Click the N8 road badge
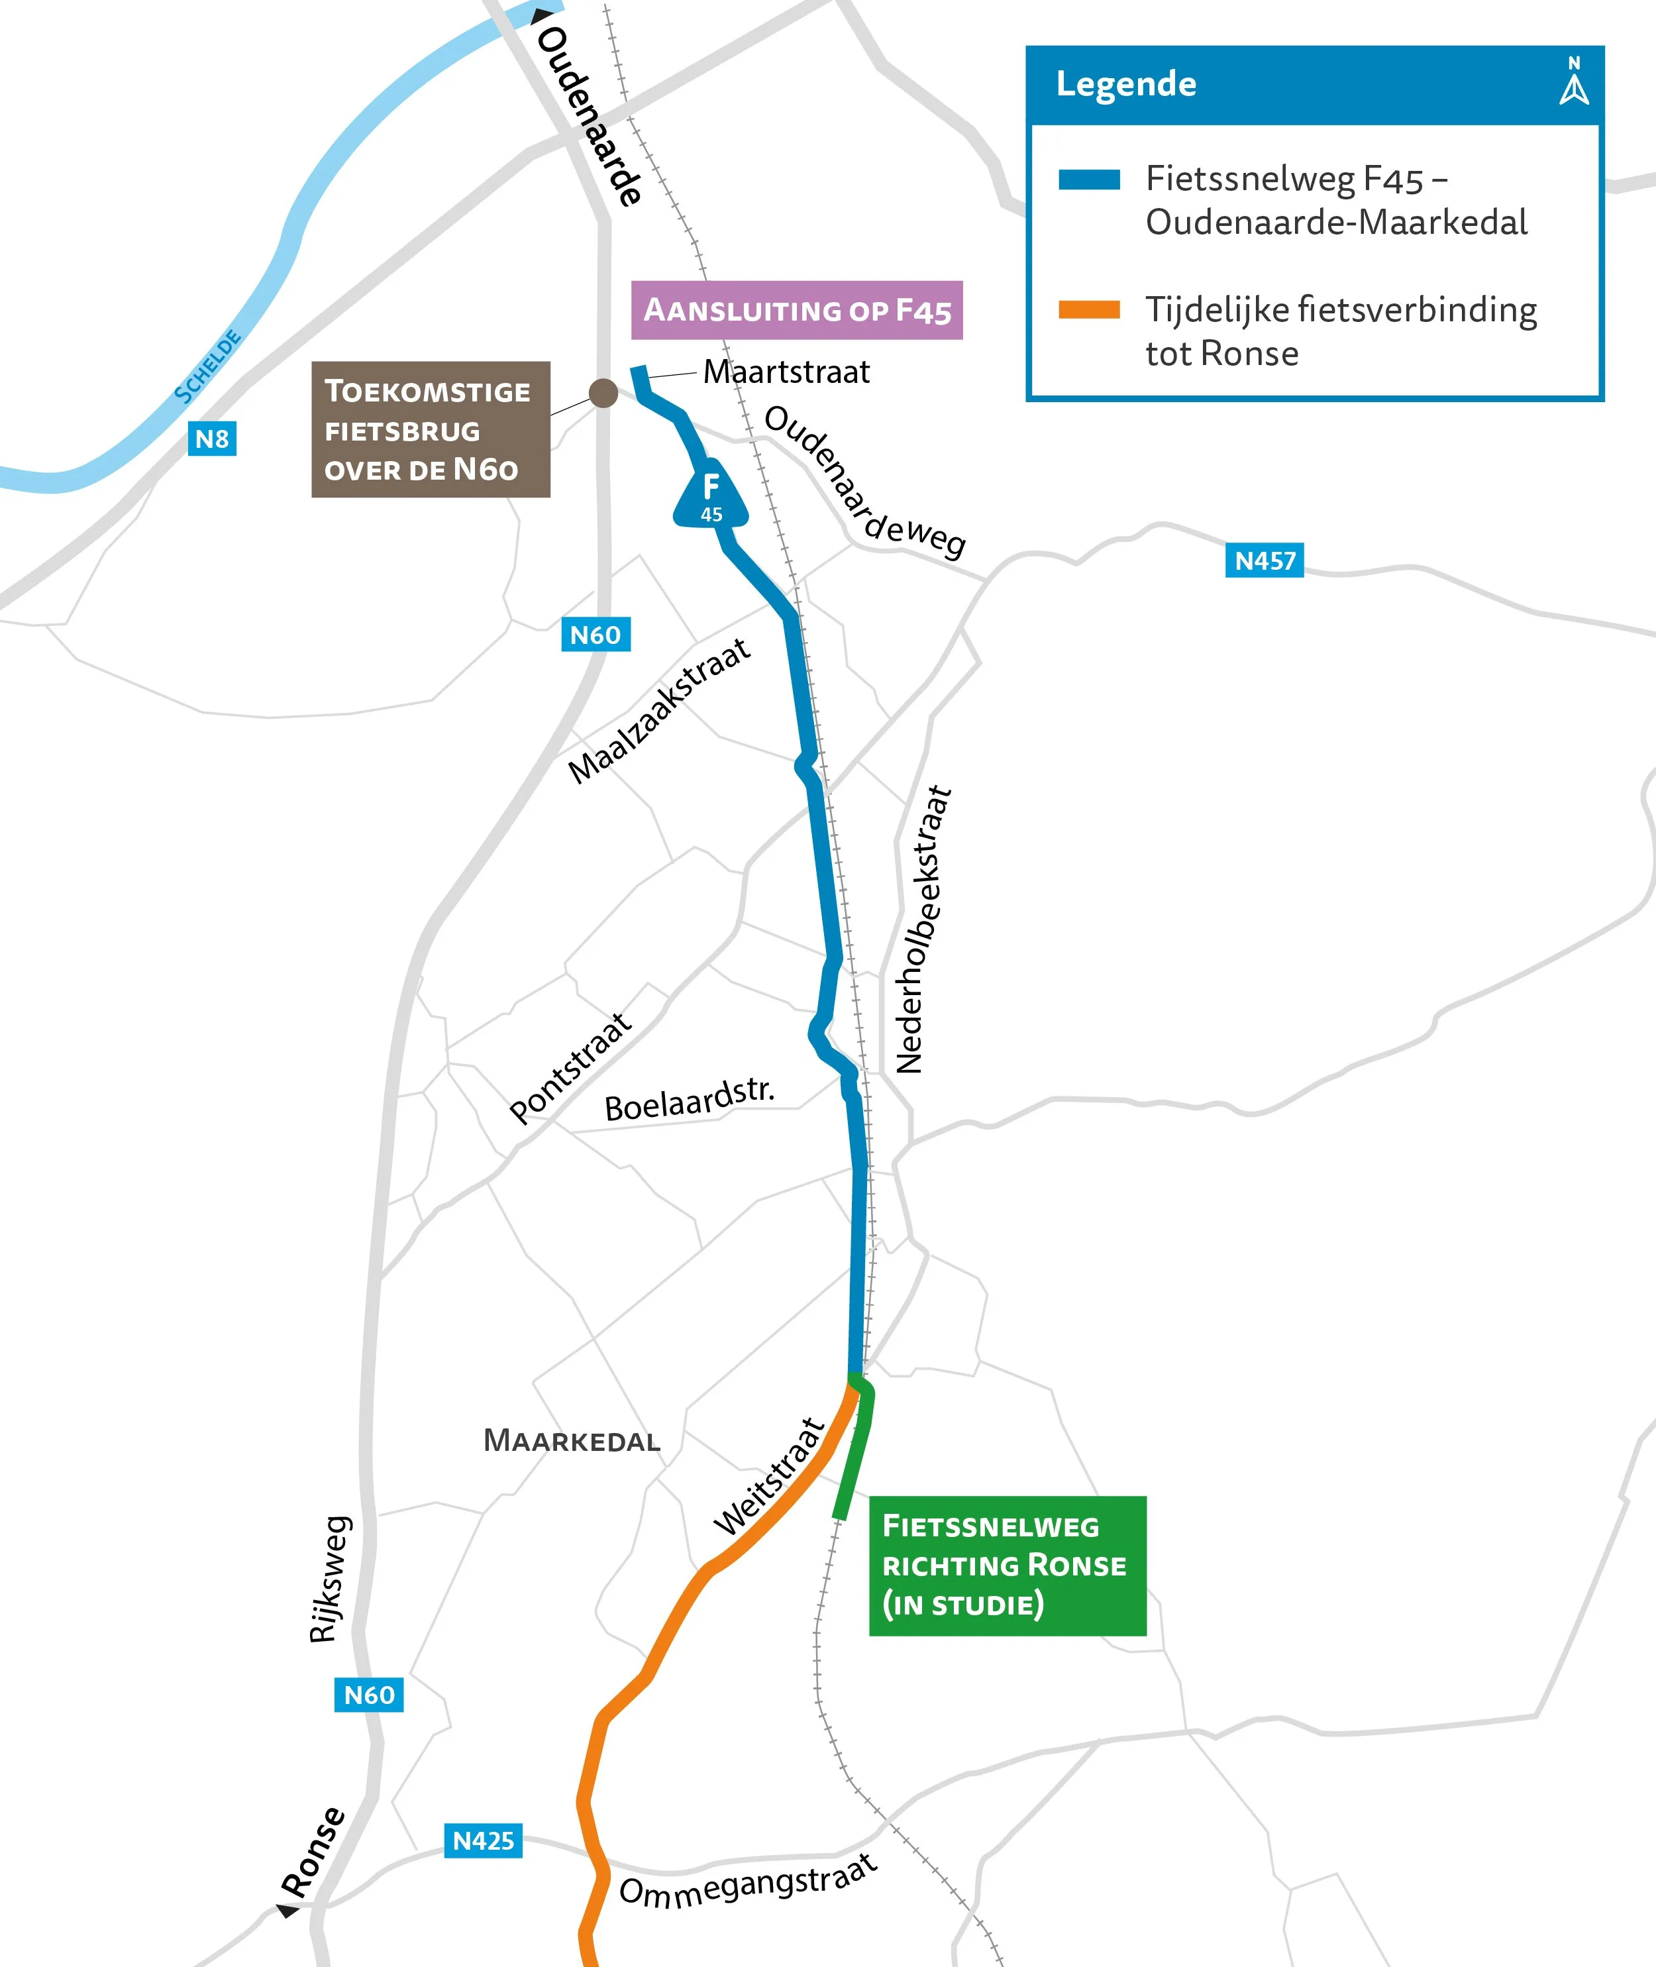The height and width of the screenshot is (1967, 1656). coord(212,439)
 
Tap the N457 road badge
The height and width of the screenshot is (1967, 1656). coord(1264,560)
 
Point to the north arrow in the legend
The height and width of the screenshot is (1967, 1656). coord(1575,81)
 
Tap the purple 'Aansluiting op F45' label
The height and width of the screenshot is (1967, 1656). coord(796,310)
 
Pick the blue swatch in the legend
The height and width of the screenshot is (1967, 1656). coord(1088,180)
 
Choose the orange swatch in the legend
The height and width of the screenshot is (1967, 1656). coord(1088,310)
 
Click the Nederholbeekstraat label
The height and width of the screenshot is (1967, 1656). coord(923,929)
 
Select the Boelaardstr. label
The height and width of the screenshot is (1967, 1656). coord(689,1100)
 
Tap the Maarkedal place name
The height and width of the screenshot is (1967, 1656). coord(571,1440)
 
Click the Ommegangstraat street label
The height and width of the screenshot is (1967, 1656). coord(749,1882)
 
